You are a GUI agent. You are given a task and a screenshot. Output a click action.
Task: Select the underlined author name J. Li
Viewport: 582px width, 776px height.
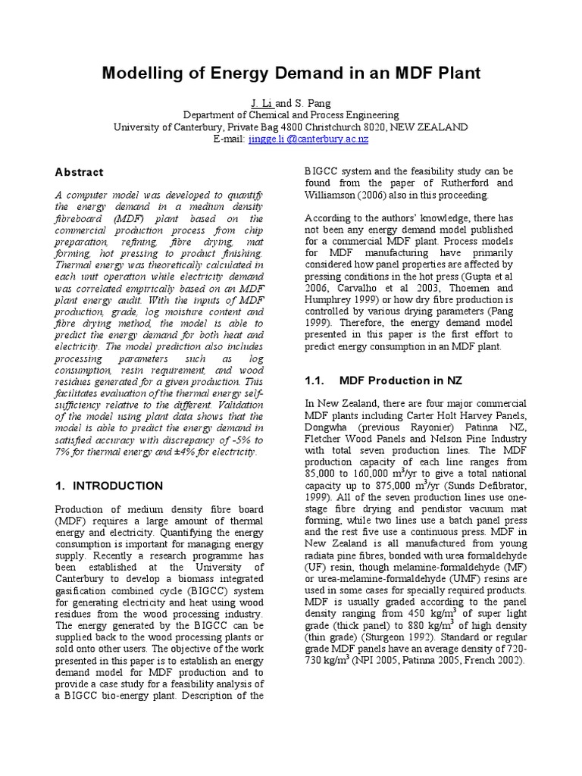click(x=260, y=102)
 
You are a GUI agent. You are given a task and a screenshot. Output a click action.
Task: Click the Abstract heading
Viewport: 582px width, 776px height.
click(x=79, y=172)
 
